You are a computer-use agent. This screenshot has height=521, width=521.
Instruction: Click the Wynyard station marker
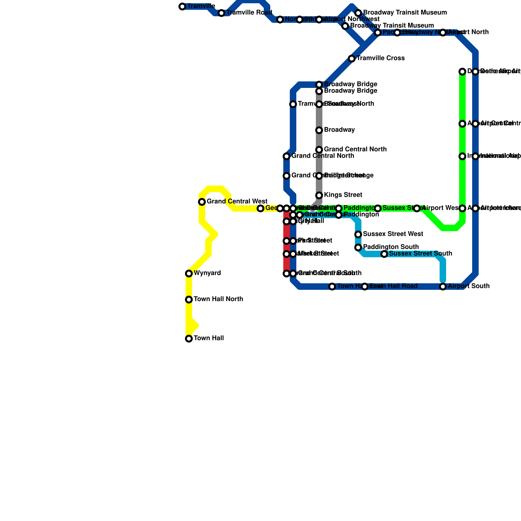tap(189, 274)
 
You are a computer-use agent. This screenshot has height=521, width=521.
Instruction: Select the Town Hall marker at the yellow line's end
tap(189, 339)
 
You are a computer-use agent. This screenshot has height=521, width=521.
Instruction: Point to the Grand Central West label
tap(237, 202)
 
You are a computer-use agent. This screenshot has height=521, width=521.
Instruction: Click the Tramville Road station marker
tap(221, 13)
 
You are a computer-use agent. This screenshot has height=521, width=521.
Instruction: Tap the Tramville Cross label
tap(380, 58)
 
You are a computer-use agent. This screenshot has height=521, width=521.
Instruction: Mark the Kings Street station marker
tap(319, 195)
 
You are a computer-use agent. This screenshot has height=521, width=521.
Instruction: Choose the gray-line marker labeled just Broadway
tap(319, 130)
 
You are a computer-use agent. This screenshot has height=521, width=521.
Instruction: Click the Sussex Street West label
tap(393, 234)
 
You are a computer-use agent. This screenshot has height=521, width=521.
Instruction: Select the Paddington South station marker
tap(358, 247)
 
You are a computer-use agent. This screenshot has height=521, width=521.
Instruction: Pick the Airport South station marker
tap(443, 287)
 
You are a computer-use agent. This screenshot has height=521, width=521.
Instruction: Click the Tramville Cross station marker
tap(352, 59)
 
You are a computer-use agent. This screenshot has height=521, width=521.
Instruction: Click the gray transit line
tap(319, 163)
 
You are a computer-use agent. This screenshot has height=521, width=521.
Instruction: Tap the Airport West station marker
tap(417, 208)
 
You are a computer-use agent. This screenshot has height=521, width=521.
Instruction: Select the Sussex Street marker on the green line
tap(378, 208)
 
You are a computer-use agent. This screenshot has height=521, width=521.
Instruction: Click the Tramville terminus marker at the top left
tap(182, 7)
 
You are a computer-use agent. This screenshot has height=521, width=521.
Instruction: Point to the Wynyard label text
tap(207, 273)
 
